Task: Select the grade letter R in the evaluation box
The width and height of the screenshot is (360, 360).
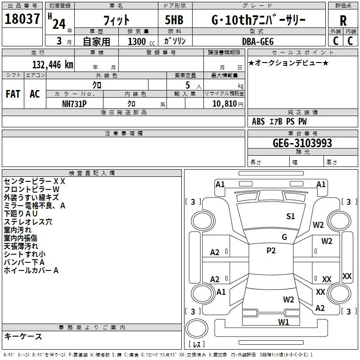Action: point(343,21)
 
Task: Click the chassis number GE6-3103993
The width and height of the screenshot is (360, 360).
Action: point(302,143)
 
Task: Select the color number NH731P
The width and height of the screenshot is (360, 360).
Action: point(74,103)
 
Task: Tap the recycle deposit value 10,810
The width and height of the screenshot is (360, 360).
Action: point(223,103)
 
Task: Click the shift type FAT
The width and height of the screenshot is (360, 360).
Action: point(13,94)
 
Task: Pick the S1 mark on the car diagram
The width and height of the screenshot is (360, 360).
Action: point(291,216)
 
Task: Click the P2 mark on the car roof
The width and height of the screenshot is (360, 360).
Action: point(271,251)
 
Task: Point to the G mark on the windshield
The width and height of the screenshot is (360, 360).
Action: point(284,237)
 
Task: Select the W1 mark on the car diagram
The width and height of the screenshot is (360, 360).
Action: point(283,322)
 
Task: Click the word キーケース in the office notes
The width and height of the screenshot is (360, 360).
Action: point(23,337)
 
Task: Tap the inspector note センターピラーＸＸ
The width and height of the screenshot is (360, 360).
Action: point(34,181)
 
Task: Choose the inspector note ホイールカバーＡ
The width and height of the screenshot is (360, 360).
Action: point(31,270)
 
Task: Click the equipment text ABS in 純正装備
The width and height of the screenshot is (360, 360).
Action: point(258,121)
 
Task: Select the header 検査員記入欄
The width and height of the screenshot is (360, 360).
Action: point(92,173)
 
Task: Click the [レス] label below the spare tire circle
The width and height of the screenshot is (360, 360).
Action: point(197,345)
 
